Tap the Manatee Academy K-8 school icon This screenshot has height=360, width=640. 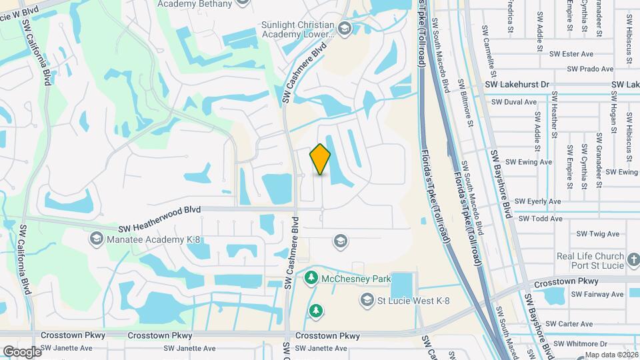tap(96, 239)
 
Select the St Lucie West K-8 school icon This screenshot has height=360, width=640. tap(365, 301)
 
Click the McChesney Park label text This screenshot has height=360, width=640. tap(355, 278)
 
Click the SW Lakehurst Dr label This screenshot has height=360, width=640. tap(517, 85)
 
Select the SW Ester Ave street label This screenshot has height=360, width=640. tap(577, 54)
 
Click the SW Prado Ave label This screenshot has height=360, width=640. tap(590, 69)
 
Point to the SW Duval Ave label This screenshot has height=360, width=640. tap(513, 102)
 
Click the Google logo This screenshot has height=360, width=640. tap(22, 351)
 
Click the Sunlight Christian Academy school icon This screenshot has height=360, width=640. tap(344, 29)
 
